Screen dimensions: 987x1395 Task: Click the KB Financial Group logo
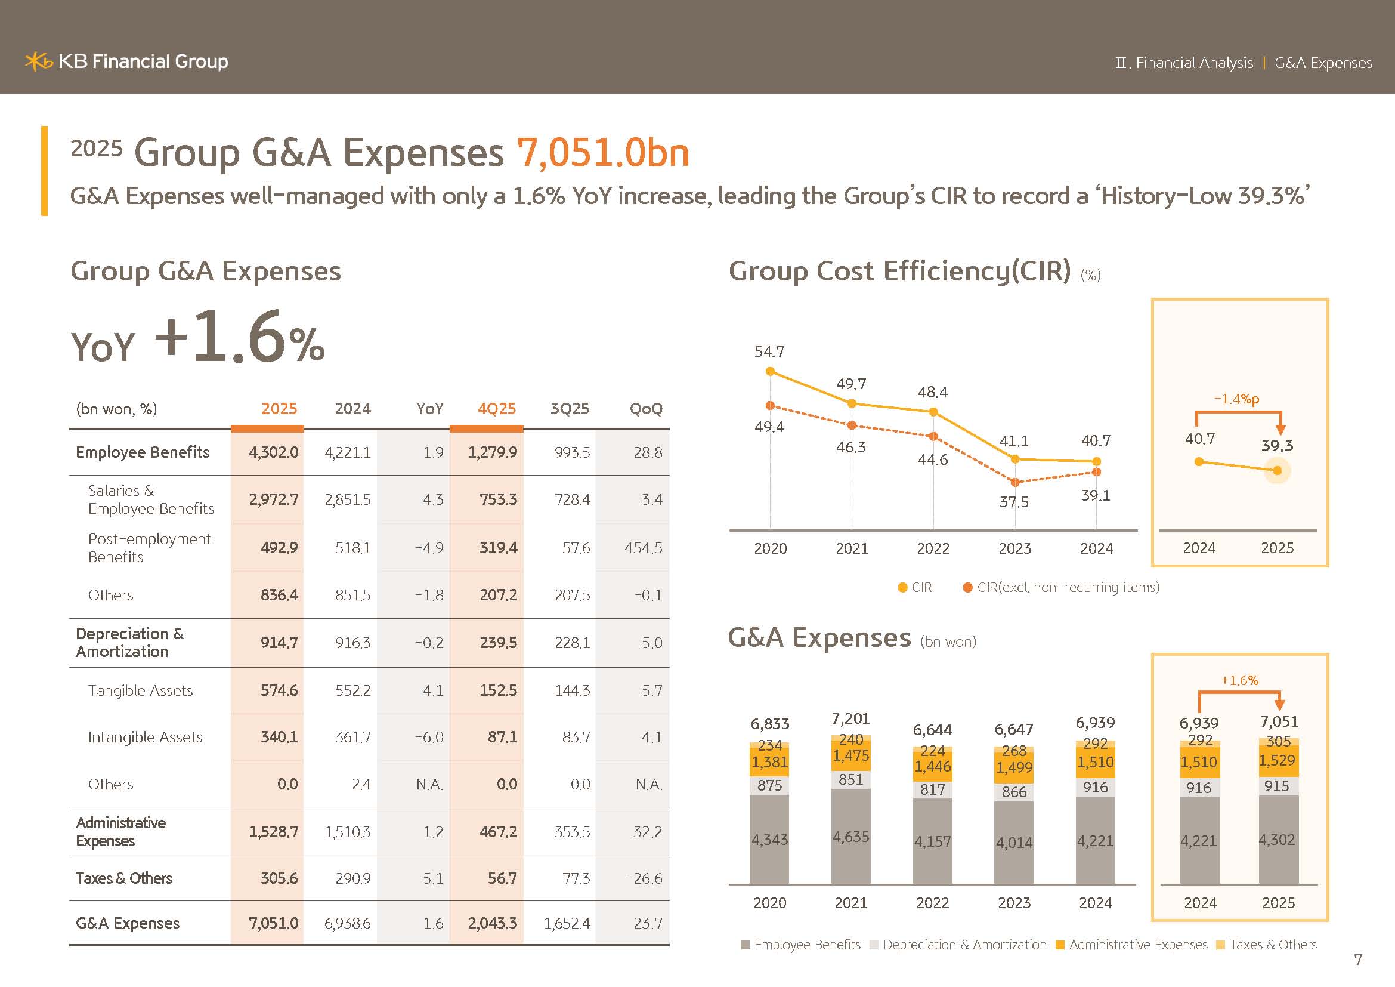pyautogui.click(x=126, y=61)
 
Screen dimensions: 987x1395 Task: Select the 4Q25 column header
pyautogui.click(x=496, y=408)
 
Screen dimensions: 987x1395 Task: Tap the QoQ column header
pyautogui.click(x=646, y=408)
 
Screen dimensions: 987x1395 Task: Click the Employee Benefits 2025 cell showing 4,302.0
pyautogui.click(x=273, y=452)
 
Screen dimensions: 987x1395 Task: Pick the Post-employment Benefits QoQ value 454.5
pyautogui.click(x=644, y=548)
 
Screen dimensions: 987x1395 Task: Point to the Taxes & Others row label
pyautogui.click(x=124, y=878)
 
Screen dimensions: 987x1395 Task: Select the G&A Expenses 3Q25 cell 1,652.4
pyautogui.click(x=567, y=923)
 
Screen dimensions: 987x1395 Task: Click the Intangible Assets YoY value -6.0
pyautogui.click(x=429, y=737)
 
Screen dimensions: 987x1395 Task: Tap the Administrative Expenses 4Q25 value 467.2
pyautogui.click(x=498, y=832)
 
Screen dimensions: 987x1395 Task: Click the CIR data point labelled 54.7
pyautogui.click(x=771, y=371)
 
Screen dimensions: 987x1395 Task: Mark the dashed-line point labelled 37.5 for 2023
pyautogui.click(x=1014, y=483)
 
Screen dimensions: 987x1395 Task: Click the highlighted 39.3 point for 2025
pyautogui.click(x=1277, y=470)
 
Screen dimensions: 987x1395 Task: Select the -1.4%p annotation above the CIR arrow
pyautogui.click(x=1236, y=399)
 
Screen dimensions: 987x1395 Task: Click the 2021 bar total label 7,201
pyautogui.click(x=850, y=719)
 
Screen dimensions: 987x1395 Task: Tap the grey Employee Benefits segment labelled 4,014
pyautogui.click(x=1013, y=843)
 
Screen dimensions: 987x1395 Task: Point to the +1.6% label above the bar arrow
pyautogui.click(x=1239, y=681)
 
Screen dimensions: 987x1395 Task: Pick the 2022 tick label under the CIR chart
pyautogui.click(x=933, y=549)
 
